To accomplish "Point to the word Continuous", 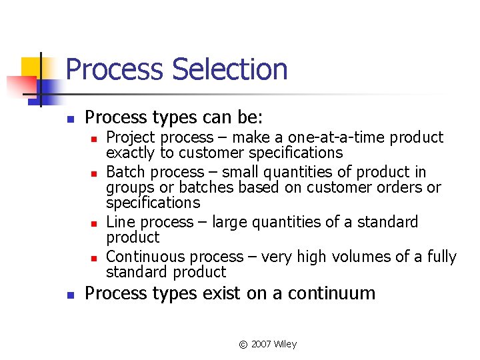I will [x=147, y=257].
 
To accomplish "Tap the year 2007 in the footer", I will [x=262, y=344].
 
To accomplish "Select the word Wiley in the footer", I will [x=285, y=344].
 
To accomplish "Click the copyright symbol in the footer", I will [x=243, y=345].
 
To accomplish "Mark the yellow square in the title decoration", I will [x=31, y=66].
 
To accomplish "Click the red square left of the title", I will [x=20, y=85].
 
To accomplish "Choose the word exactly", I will [x=130, y=153].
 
